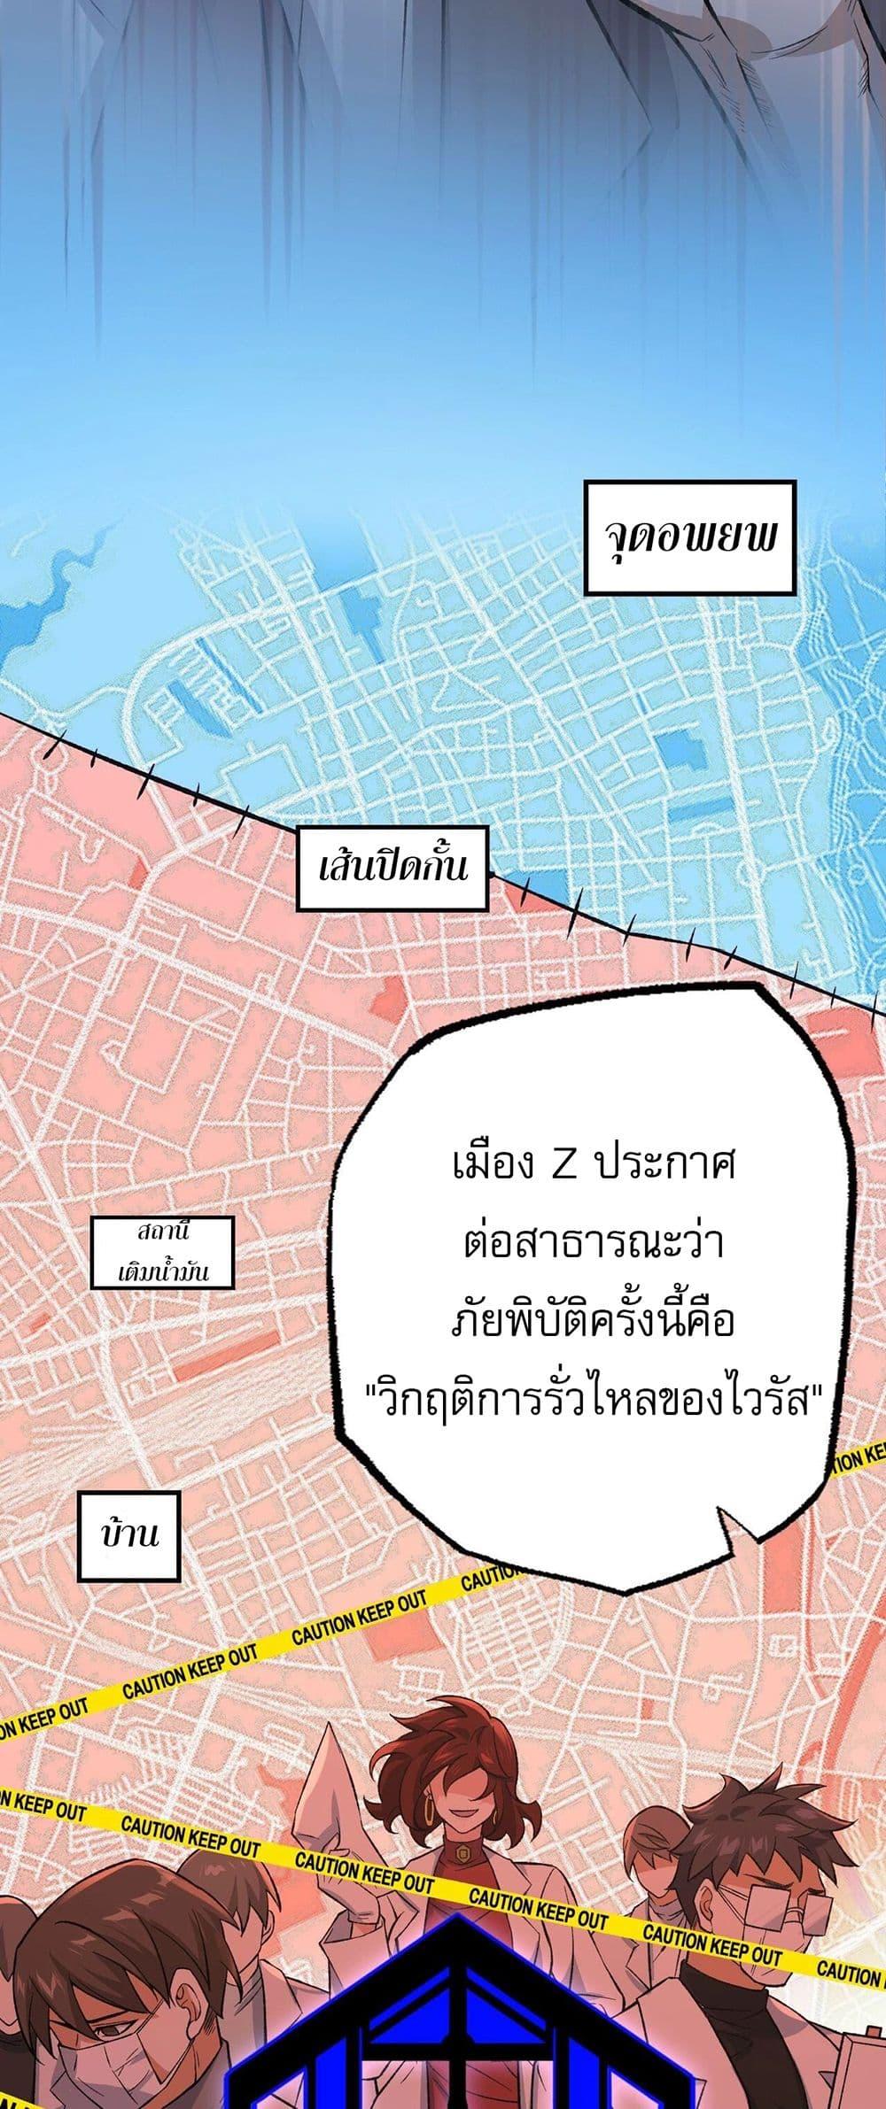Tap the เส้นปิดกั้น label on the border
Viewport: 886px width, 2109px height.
(x=392, y=868)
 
